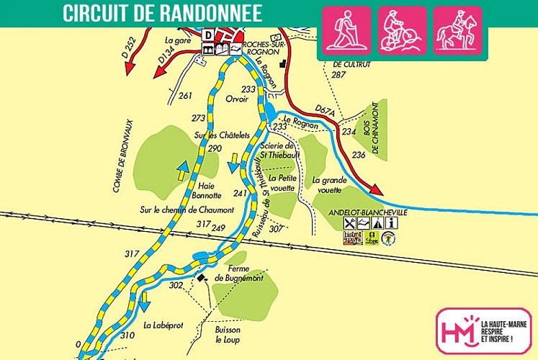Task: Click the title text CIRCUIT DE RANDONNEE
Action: click(x=162, y=13)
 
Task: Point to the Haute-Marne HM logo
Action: click(x=458, y=331)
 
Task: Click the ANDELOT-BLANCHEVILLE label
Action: click(x=367, y=213)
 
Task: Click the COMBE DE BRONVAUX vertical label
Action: click(x=115, y=166)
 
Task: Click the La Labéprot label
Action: click(x=163, y=325)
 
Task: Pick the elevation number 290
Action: click(x=215, y=148)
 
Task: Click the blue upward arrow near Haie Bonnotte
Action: click(x=183, y=171)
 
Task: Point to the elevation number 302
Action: click(x=176, y=285)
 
